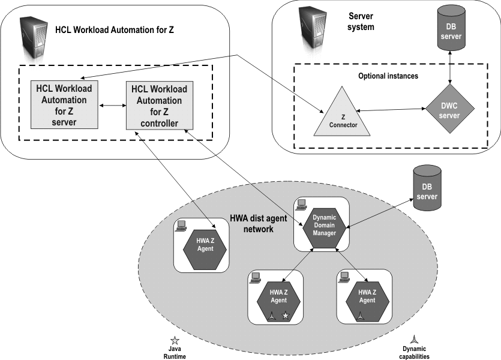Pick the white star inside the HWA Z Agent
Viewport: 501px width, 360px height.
pos(286,316)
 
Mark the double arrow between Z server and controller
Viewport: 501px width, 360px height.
pos(112,106)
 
